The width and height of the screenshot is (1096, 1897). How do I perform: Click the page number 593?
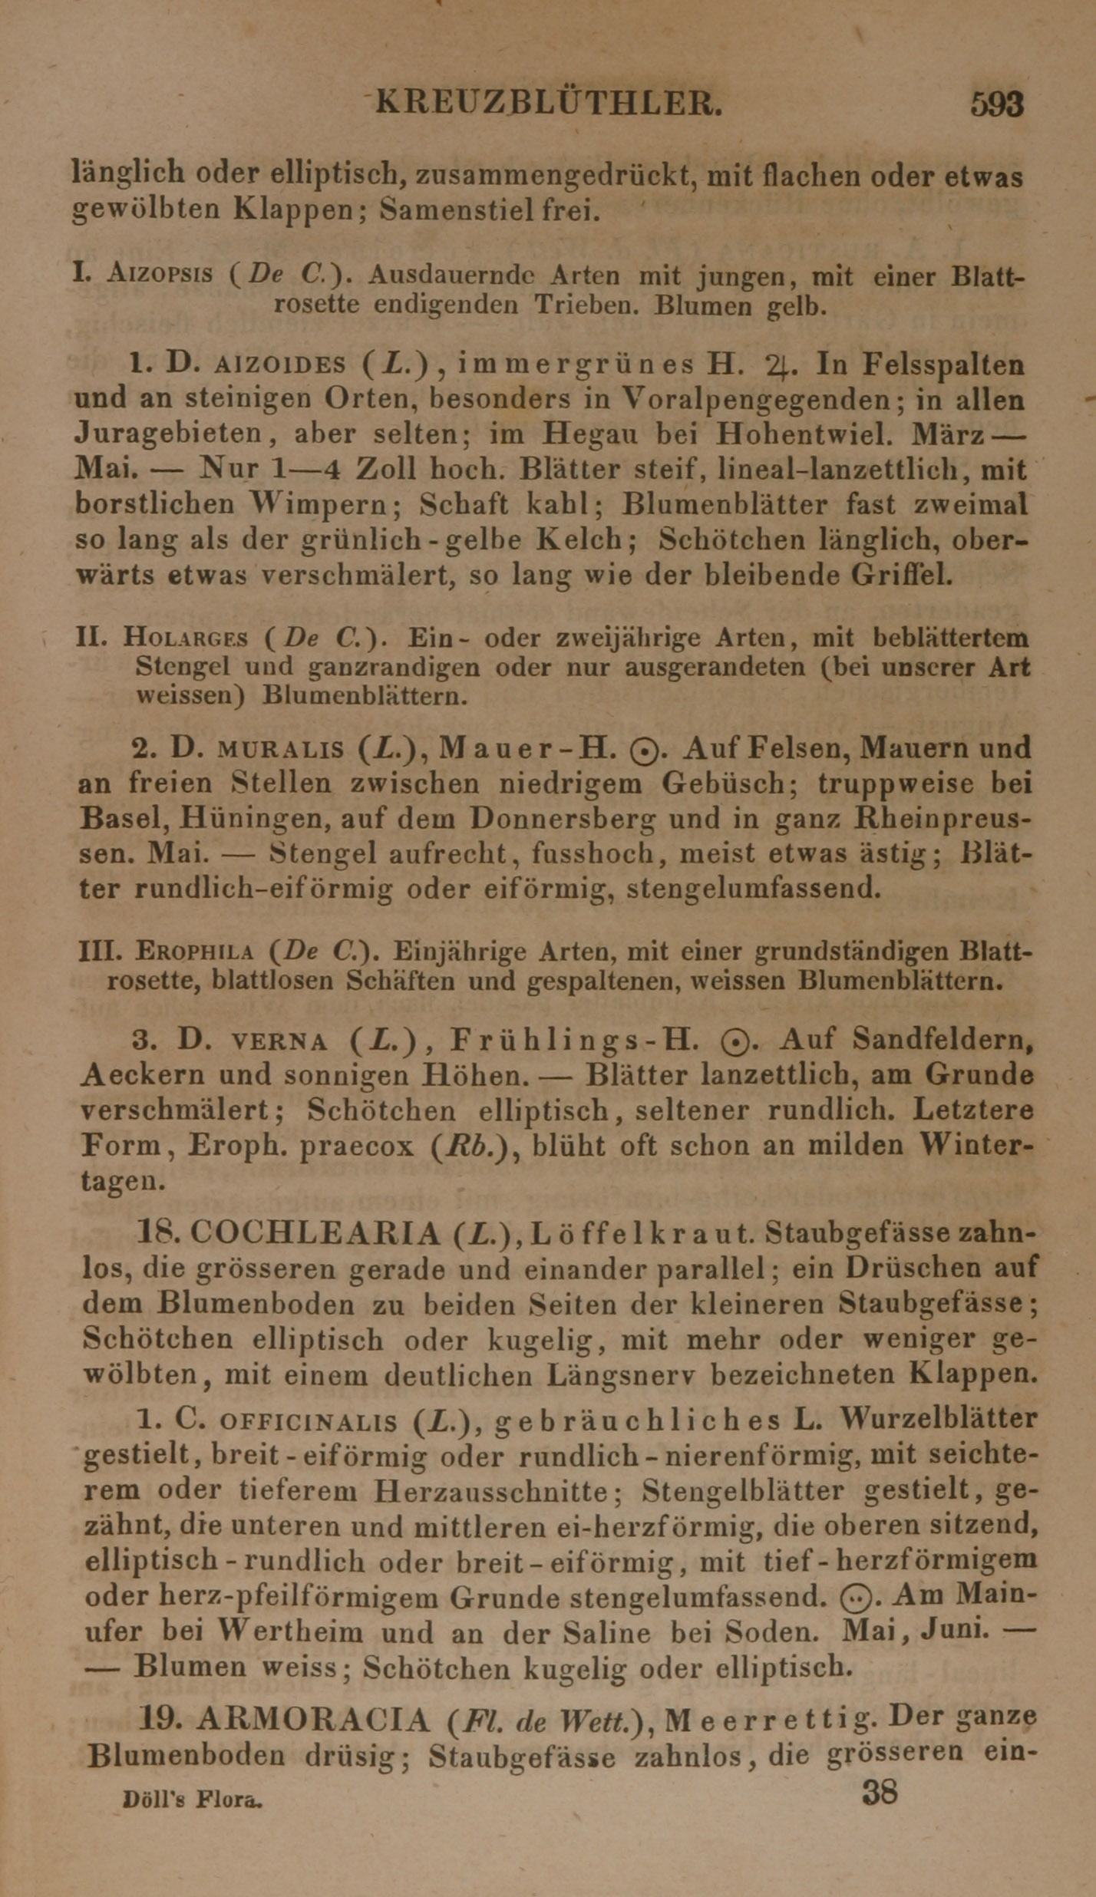coord(996,104)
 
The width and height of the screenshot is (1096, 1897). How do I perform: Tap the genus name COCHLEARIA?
coord(315,1233)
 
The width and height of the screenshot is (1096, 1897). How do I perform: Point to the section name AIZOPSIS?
coord(160,275)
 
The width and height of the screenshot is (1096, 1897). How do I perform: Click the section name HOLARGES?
coord(185,638)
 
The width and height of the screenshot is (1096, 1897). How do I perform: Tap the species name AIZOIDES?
coord(280,365)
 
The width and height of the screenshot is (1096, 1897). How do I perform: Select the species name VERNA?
coord(279,1041)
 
